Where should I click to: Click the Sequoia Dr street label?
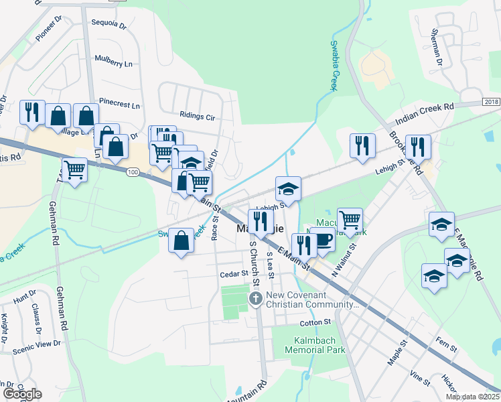coord(109,25)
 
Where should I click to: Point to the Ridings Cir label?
coord(197,116)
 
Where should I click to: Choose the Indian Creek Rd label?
coord(425,112)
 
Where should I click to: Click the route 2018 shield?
coord(491,102)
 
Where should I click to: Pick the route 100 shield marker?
coord(133,173)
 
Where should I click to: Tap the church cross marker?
coord(255,298)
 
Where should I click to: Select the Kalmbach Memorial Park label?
coord(315,345)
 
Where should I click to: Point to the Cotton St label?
coord(316,322)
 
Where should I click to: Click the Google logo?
coord(22,394)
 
